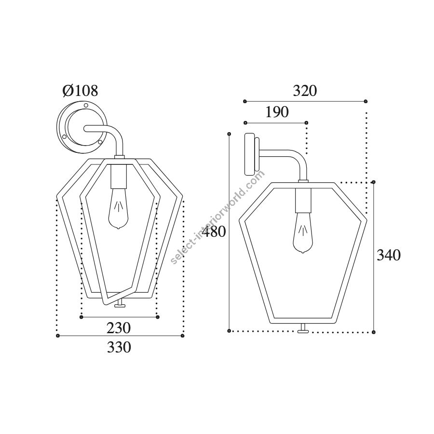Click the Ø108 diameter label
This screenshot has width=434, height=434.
(80, 91)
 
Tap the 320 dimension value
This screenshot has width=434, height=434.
(305, 91)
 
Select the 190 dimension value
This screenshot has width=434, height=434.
(277, 112)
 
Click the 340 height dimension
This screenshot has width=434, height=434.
(389, 255)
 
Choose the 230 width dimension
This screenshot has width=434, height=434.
(119, 328)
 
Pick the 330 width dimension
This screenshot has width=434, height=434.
(119, 347)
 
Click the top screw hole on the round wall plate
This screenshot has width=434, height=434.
(86, 105)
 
